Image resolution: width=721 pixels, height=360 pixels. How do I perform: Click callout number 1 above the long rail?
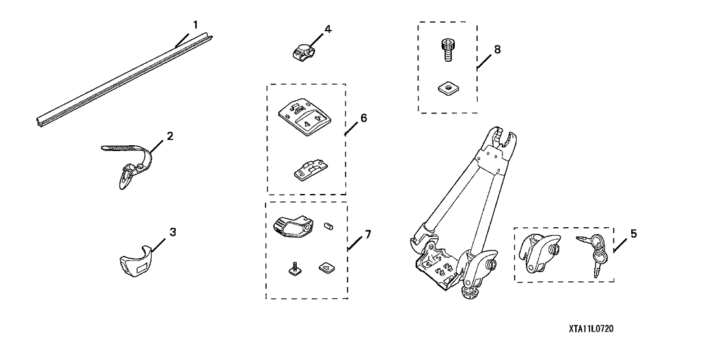pyautogui.click(x=194, y=24)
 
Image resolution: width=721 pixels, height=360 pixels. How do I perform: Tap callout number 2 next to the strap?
pyautogui.click(x=170, y=136)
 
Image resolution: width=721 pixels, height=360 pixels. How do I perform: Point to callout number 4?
pyautogui.click(x=327, y=29)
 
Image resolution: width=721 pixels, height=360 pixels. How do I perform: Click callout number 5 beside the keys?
pyautogui.click(x=633, y=232)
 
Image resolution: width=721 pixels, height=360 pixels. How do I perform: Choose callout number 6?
pyautogui.click(x=363, y=118)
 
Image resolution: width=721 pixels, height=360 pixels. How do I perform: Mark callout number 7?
pyautogui.click(x=367, y=234)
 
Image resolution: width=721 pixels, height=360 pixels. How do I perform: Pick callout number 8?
pyautogui.click(x=497, y=49)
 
